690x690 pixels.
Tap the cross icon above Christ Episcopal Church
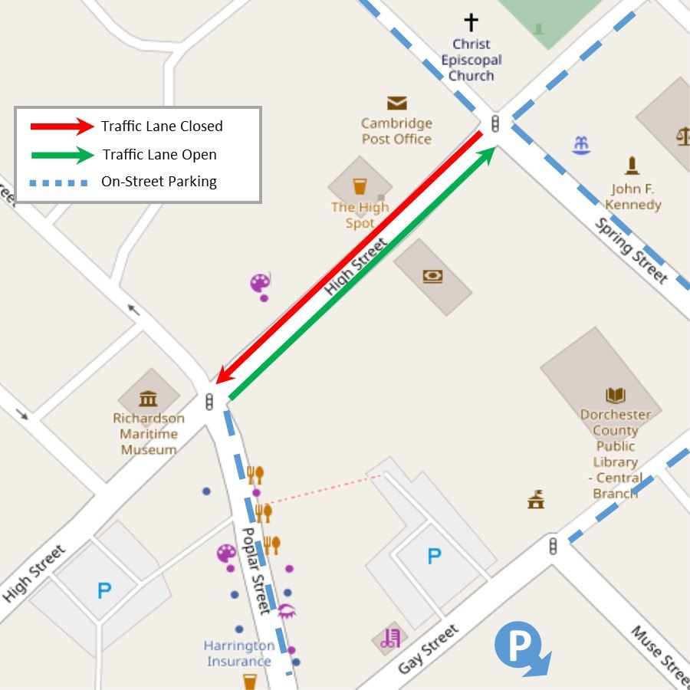click(471, 22)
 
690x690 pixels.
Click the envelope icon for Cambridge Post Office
click(396, 103)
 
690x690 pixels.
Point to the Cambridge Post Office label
click(396, 131)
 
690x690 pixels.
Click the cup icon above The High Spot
click(360, 186)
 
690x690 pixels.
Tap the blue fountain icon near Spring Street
click(581, 144)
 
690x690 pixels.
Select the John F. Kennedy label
click(632, 197)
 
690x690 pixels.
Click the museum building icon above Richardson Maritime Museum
click(148, 398)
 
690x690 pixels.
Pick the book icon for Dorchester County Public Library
click(615, 396)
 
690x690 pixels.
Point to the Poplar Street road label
click(256, 570)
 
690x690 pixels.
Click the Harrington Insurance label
click(238, 653)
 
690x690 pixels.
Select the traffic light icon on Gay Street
click(553, 546)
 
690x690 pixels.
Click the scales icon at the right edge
click(682, 136)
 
